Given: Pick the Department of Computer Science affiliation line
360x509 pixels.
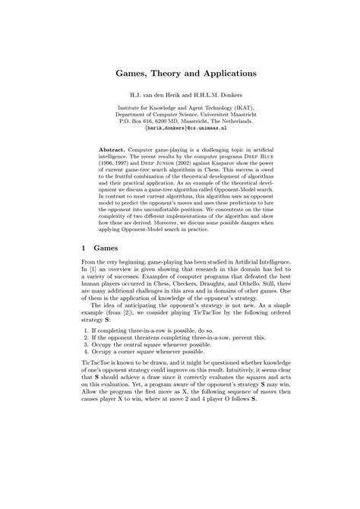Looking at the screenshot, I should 180,113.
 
